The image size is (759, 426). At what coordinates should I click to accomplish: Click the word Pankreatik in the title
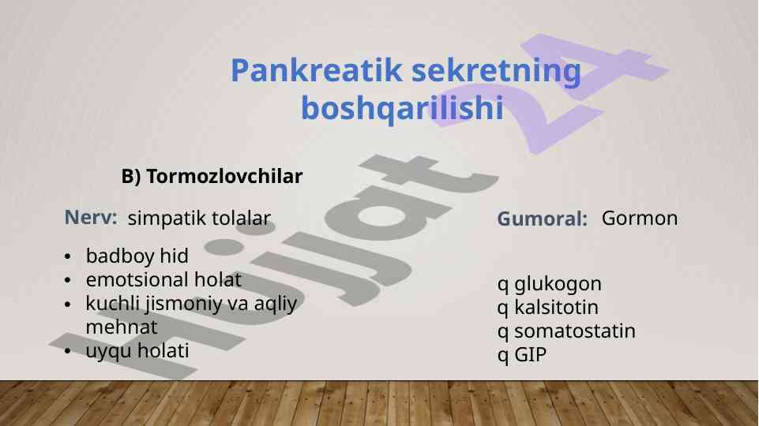[317, 70]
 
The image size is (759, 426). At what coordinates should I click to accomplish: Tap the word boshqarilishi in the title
[402, 109]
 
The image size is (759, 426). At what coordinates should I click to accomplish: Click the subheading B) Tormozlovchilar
[212, 177]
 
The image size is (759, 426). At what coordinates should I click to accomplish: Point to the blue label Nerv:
[91, 218]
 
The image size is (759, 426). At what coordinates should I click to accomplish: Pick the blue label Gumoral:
[542, 219]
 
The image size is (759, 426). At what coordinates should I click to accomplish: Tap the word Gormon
[640, 218]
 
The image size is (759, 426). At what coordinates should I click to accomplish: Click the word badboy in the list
[120, 256]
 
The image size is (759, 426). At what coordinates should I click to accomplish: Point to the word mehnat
[122, 327]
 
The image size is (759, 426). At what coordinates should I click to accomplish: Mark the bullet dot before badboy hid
[67, 256]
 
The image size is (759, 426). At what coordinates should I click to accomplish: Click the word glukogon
[558, 284]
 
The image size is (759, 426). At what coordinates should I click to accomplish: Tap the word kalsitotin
[556, 307]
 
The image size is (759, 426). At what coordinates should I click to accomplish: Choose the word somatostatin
[574, 331]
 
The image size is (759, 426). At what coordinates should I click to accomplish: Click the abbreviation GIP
[530, 355]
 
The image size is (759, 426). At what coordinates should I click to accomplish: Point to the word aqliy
[276, 305]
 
